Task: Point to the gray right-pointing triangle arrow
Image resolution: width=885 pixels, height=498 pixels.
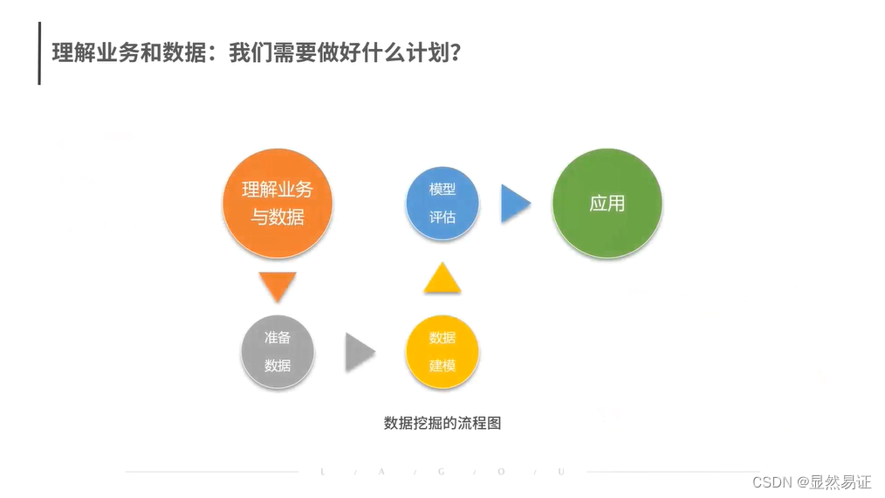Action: [359, 352]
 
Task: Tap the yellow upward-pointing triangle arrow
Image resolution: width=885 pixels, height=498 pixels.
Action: [442, 278]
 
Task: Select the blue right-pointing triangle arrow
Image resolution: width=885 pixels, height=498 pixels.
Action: [515, 204]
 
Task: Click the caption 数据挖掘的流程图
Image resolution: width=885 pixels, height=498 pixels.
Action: [442, 423]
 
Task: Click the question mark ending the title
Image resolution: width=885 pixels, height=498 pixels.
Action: [454, 52]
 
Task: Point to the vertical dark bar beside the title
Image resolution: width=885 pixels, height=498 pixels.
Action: [39, 53]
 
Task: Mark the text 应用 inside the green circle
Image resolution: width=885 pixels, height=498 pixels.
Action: [607, 204]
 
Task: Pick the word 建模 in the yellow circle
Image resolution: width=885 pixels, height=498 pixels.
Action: [442, 365]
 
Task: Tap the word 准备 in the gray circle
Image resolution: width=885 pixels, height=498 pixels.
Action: [278, 337]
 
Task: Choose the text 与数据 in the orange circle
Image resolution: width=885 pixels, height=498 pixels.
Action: [278, 217]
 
